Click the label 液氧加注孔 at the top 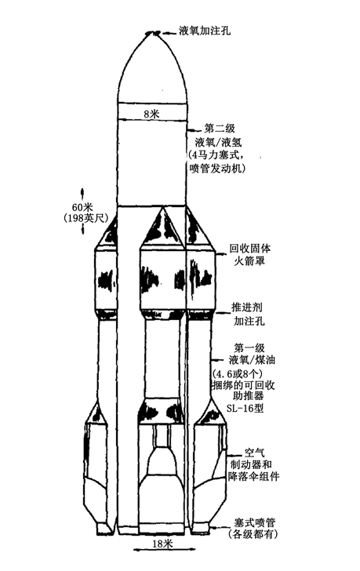click(205, 31)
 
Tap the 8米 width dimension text click(152, 114)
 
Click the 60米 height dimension click(82, 207)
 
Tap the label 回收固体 click(249, 249)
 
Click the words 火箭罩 click(249, 261)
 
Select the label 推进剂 click(247, 307)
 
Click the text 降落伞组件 click(253, 476)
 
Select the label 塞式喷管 click(254, 522)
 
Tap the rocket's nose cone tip click(153, 33)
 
